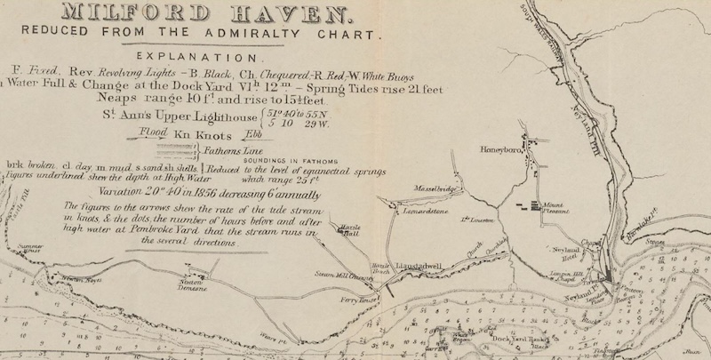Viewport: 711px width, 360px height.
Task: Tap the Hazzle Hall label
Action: click(348, 231)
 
